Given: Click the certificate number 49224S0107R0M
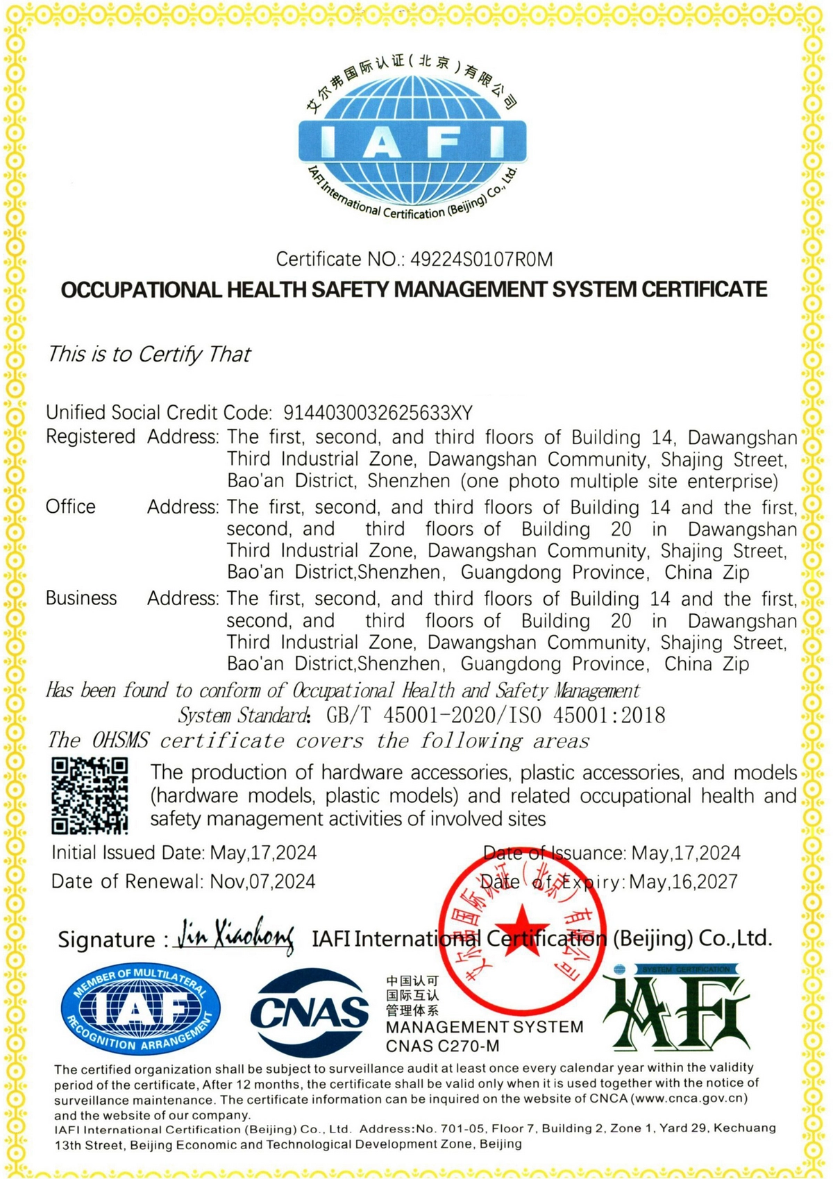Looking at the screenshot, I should pyautogui.click(x=482, y=260).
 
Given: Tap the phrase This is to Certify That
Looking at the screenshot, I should pyautogui.click(x=149, y=354).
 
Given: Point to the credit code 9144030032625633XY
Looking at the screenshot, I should pyautogui.click(x=378, y=413).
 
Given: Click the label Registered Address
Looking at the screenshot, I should pyautogui.click(x=132, y=437).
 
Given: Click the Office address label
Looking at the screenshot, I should pyautogui.click(x=71, y=507).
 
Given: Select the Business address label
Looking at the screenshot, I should pyautogui.click(x=81, y=598).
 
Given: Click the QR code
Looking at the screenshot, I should pyautogui.click(x=90, y=795).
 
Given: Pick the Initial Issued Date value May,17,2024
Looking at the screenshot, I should pyautogui.click(x=263, y=852).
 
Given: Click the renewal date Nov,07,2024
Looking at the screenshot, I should pyautogui.click(x=262, y=881).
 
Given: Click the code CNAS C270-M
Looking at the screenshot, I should pyautogui.click(x=442, y=1046).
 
